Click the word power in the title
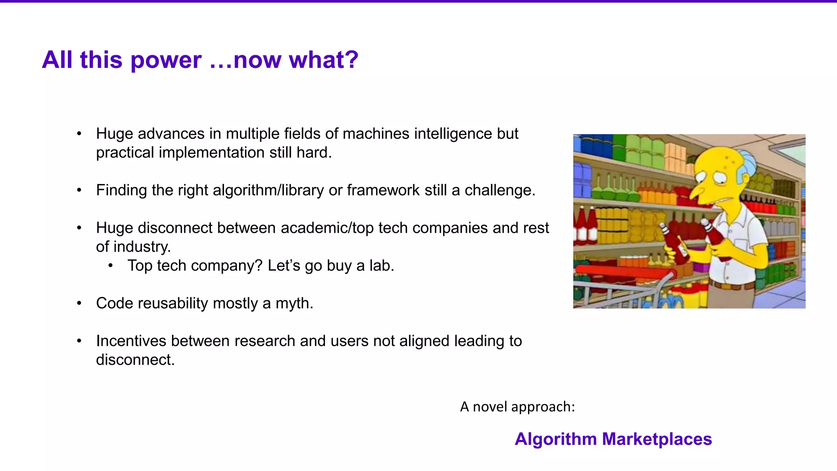coord(166,60)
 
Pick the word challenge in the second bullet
coord(499,190)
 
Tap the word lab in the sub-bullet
coord(381,266)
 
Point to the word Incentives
coord(131,341)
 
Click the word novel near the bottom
coord(490,407)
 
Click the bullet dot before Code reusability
coord(79,303)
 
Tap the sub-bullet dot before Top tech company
coord(110,266)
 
